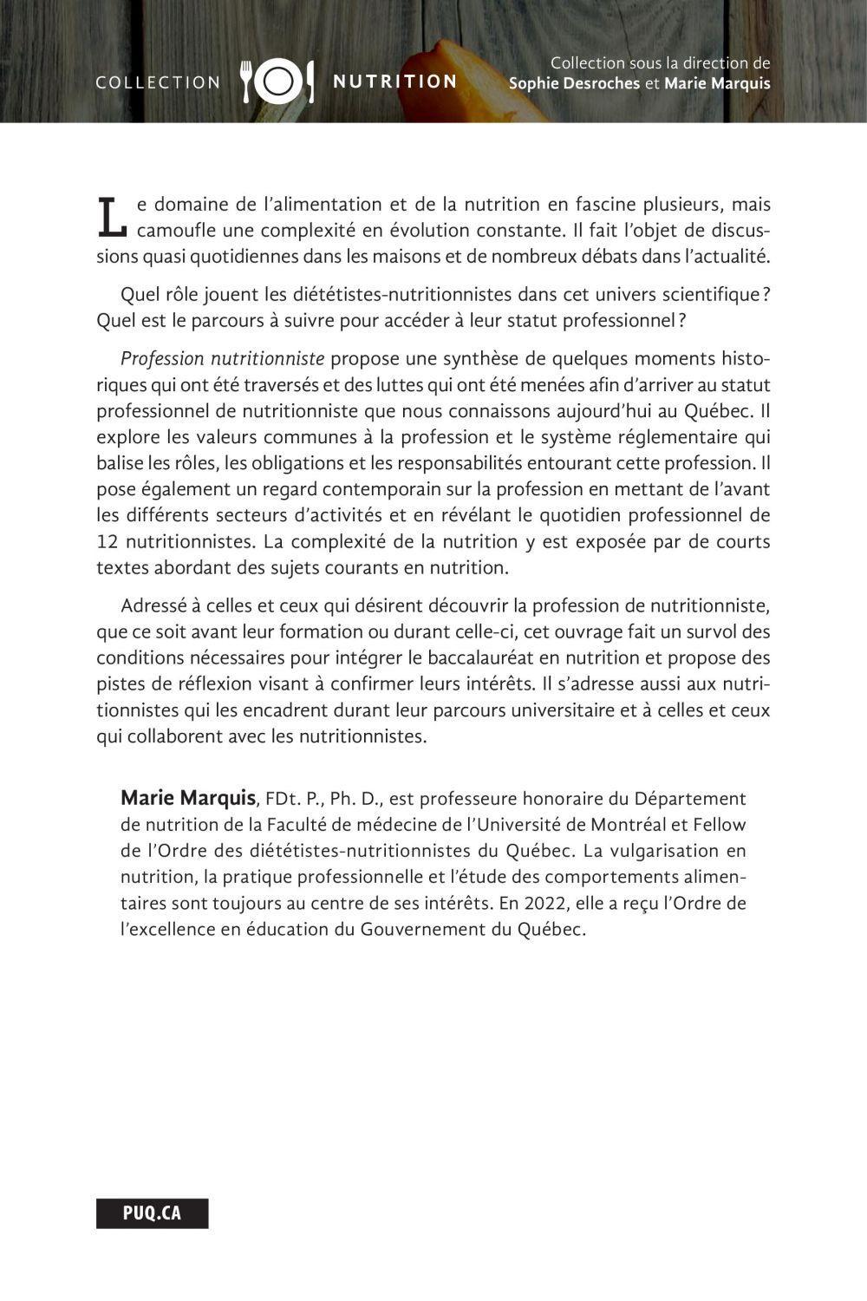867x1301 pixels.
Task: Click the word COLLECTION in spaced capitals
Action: coord(158,82)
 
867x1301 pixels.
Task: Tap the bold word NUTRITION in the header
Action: coord(395,82)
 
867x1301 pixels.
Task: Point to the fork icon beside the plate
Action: coord(246,81)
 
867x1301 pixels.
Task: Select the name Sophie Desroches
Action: coord(575,84)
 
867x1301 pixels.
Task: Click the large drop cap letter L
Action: coord(111,217)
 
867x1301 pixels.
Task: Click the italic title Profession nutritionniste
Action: coord(223,358)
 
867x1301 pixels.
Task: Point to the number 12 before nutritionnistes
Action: coord(108,542)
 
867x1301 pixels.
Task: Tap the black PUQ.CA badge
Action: coord(153,1213)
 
